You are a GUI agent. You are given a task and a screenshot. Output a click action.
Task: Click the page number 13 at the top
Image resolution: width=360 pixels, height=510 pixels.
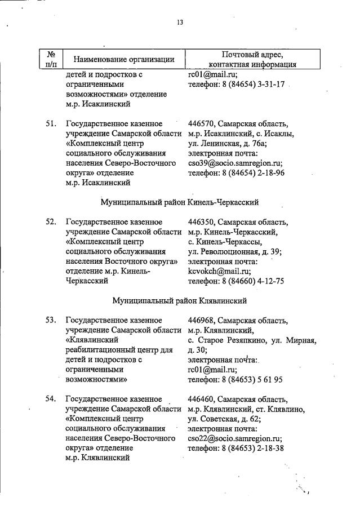pos(180,23)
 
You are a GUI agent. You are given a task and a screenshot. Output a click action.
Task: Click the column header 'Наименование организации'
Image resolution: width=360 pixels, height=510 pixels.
pos(119,59)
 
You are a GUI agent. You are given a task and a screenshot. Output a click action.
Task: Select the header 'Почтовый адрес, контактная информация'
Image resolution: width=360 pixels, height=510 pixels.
pos(251,59)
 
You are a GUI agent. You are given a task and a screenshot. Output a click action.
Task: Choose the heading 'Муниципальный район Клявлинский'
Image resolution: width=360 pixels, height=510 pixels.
pos(179,300)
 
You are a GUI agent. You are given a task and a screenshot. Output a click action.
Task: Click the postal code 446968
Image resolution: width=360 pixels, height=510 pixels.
pos(201,321)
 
